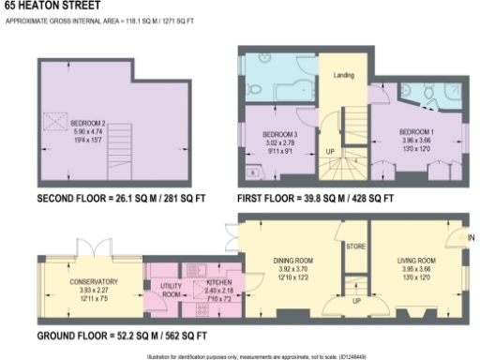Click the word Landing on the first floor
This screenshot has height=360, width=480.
(343, 73)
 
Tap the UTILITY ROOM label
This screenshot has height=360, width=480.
(171, 289)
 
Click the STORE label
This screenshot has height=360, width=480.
(354, 247)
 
